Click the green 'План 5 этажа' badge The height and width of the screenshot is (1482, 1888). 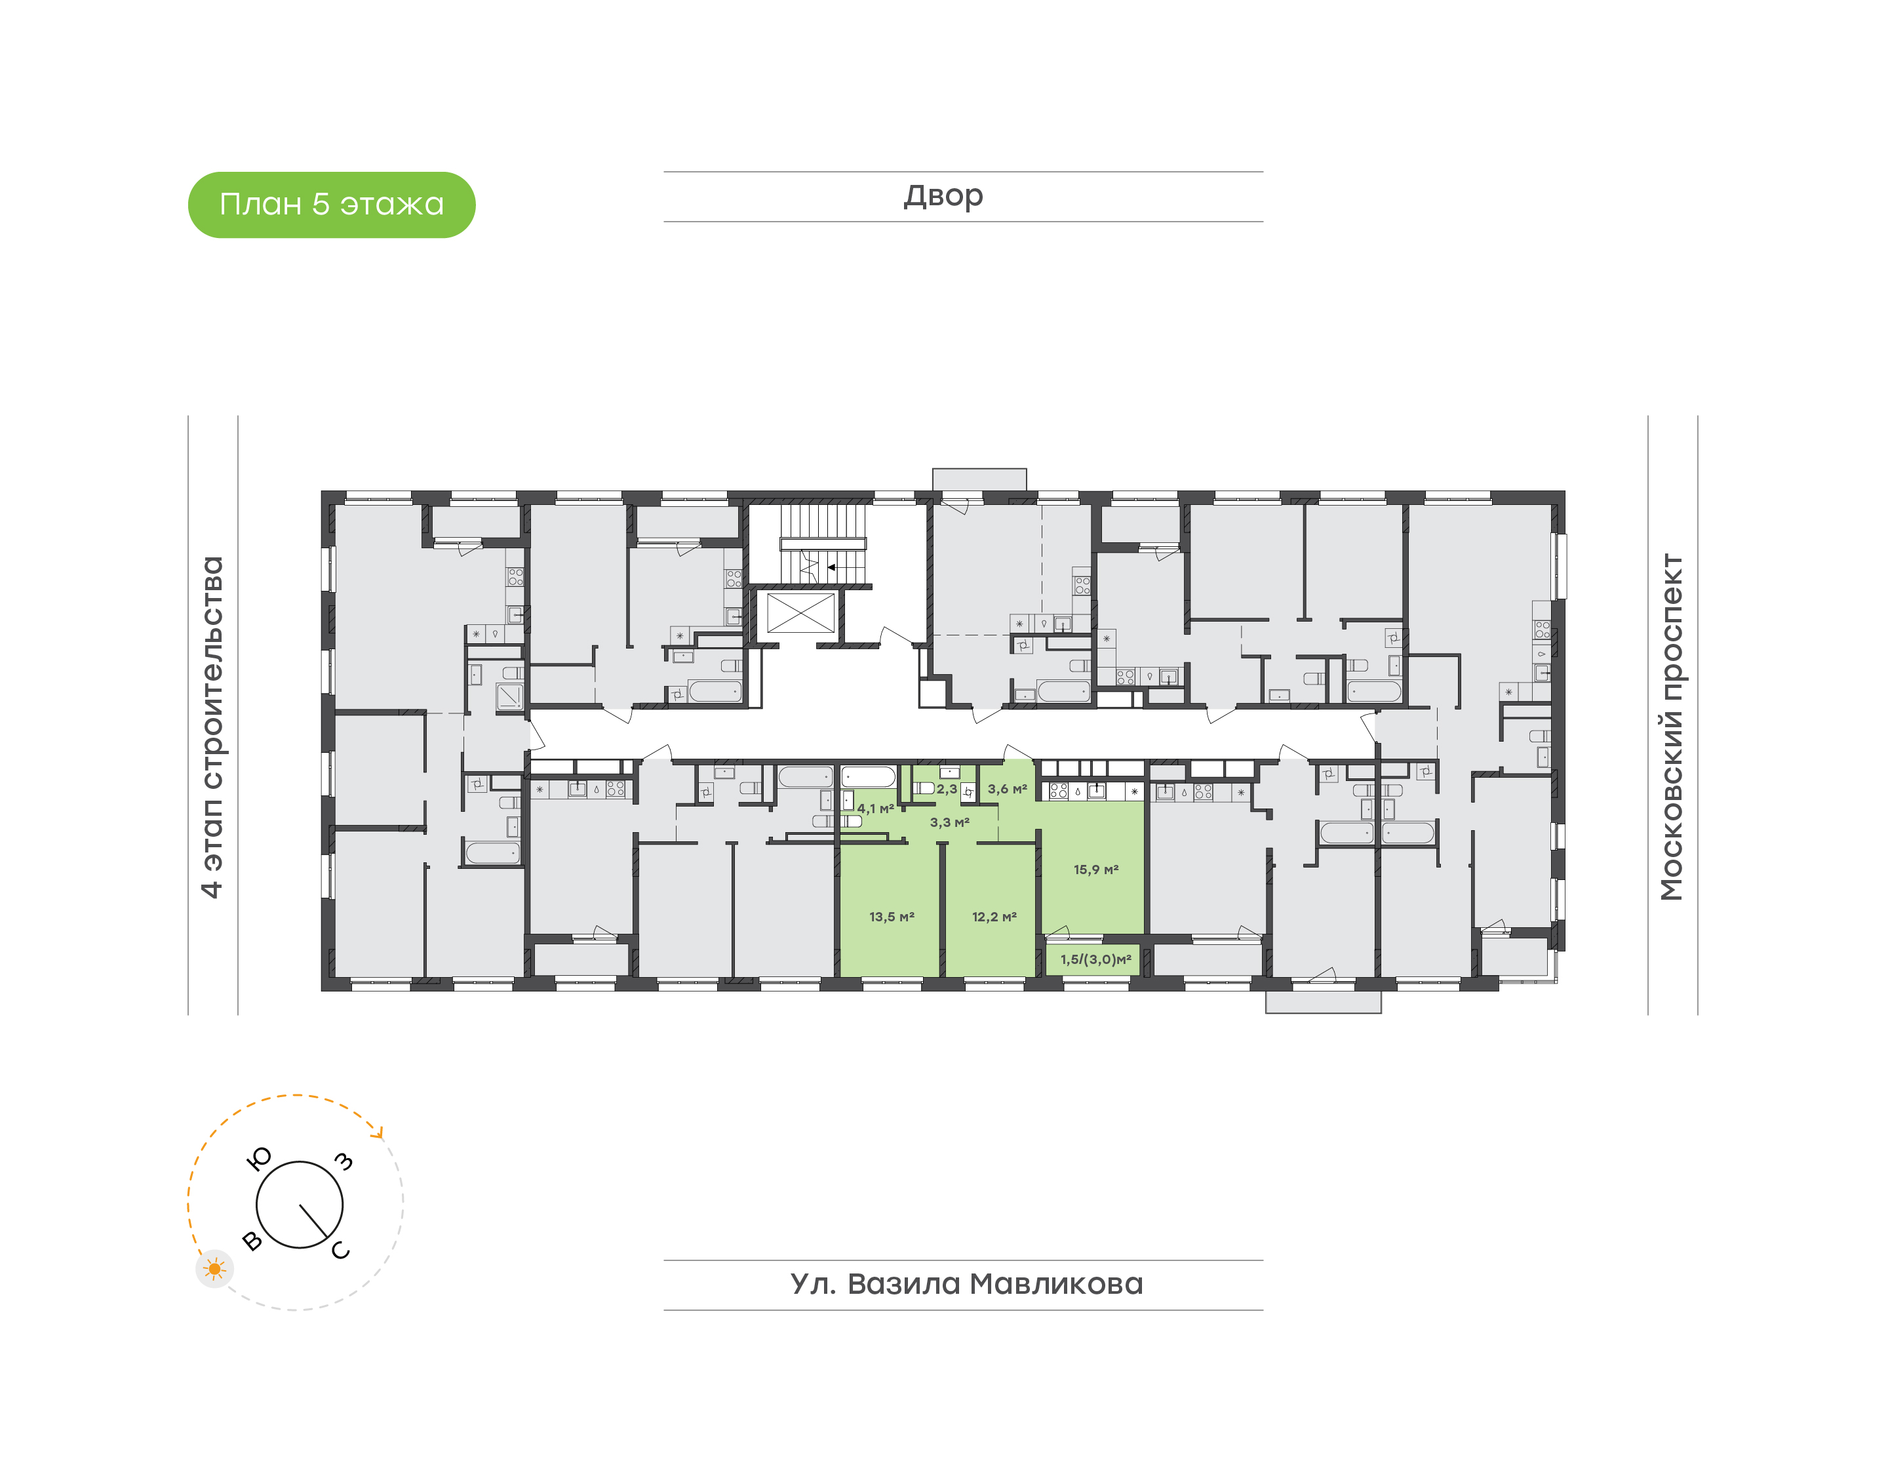pyautogui.click(x=331, y=205)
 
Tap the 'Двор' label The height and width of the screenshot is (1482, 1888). pyautogui.click(x=943, y=196)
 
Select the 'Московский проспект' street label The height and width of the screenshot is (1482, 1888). pyautogui.click(x=1671, y=727)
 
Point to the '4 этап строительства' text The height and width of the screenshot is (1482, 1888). pyautogui.click(x=212, y=727)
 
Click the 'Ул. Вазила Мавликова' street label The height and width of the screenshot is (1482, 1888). pyautogui.click(x=966, y=1284)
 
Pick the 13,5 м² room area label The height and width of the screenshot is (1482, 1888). pyautogui.click(x=892, y=917)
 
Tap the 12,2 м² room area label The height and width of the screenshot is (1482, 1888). pyautogui.click(x=994, y=917)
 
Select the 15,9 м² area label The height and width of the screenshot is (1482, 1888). pyautogui.click(x=1096, y=870)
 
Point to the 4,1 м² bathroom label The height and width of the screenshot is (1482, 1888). pyautogui.click(x=875, y=809)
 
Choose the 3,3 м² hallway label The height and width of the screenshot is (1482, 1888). pyautogui.click(x=950, y=822)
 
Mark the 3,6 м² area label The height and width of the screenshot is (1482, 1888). pyautogui.click(x=1007, y=790)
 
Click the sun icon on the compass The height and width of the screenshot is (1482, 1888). pyautogui.click(x=214, y=1270)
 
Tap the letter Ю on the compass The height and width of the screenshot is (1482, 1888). pyautogui.click(x=260, y=1158)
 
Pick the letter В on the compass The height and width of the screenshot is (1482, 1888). pyautogui.click(x=252, y=1241)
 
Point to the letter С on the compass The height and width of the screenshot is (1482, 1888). pyautogui.click(x=340, y=1249)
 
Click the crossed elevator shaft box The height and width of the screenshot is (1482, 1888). pyautogui.click(x=800, y=613)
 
